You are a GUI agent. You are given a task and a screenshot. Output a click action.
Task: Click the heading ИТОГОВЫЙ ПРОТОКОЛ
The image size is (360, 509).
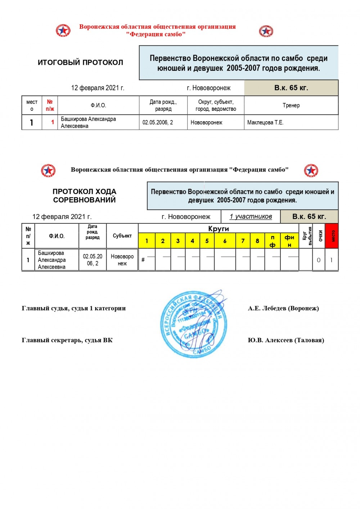click(80, 63)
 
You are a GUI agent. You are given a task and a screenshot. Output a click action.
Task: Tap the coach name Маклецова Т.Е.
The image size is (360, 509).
click(265, 123)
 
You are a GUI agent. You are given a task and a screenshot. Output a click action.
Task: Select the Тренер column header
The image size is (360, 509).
click(291, 105)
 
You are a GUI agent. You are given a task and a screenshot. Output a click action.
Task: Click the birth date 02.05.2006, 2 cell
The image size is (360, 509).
click(158, 123)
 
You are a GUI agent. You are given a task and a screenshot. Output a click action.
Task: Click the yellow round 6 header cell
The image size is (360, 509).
click(225, 241)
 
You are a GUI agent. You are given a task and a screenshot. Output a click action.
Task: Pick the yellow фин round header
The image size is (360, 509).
click(289, 241)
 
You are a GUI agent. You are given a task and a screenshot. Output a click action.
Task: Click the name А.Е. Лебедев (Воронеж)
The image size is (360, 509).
click(283, 308)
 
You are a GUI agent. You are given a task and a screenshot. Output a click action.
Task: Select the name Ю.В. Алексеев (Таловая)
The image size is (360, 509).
click(286, 340)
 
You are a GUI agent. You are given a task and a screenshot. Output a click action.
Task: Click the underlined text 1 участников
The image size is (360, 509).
click(251, 217)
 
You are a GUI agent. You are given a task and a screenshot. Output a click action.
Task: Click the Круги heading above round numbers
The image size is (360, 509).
click(219, 229)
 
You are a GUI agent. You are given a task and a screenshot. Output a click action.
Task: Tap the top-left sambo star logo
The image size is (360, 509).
click(63, 31)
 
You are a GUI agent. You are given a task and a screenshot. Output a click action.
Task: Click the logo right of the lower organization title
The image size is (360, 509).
click(311, 171)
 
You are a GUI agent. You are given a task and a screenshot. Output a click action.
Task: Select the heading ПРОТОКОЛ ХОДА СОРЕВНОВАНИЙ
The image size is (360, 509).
click(85, 196)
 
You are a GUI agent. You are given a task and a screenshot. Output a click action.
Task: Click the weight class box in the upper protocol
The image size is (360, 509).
click(291, 88)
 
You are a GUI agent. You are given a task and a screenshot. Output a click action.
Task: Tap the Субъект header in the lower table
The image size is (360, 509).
click(122, 236)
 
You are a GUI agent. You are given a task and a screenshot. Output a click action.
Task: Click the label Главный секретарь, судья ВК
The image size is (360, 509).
click(67, 340)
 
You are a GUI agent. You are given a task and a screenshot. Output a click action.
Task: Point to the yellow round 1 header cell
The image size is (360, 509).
click(147, 241)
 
